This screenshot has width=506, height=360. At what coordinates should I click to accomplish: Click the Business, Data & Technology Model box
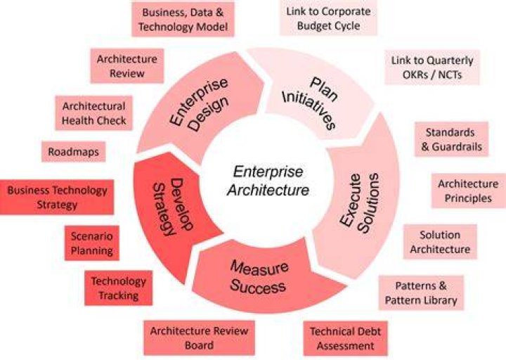[x=183, y=20]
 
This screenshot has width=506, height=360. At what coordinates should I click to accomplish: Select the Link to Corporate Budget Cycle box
[x=328, y=18]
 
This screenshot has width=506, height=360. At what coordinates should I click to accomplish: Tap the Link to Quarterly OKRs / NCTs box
[x=432, y=67]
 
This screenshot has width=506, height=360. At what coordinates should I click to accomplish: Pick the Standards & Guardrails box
[x=451, y=139]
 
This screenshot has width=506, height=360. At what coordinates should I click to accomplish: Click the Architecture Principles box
[x=468, y=191]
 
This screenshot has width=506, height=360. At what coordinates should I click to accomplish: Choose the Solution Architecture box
[x=440, y=242]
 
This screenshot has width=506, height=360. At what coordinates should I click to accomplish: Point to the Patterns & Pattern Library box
[x=421, y=292]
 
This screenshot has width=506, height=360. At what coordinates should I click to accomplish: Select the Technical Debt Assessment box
[x=345, y=338]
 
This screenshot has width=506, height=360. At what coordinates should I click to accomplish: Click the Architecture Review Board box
[x=199, y=337]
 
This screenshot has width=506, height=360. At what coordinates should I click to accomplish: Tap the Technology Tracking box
[x=119, y=288]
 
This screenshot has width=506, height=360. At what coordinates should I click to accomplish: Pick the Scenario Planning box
[x=92, y=243]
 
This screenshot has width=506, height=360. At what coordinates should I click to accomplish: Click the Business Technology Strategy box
[x=57, y=198]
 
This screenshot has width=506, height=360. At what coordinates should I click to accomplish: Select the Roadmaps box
[x=74, y=151]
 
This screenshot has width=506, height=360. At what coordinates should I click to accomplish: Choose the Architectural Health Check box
[x=94, y=113]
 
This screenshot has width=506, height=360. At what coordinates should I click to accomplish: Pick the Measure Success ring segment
[x=258, y=277]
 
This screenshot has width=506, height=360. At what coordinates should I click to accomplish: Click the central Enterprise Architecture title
[x=268, y=181]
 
